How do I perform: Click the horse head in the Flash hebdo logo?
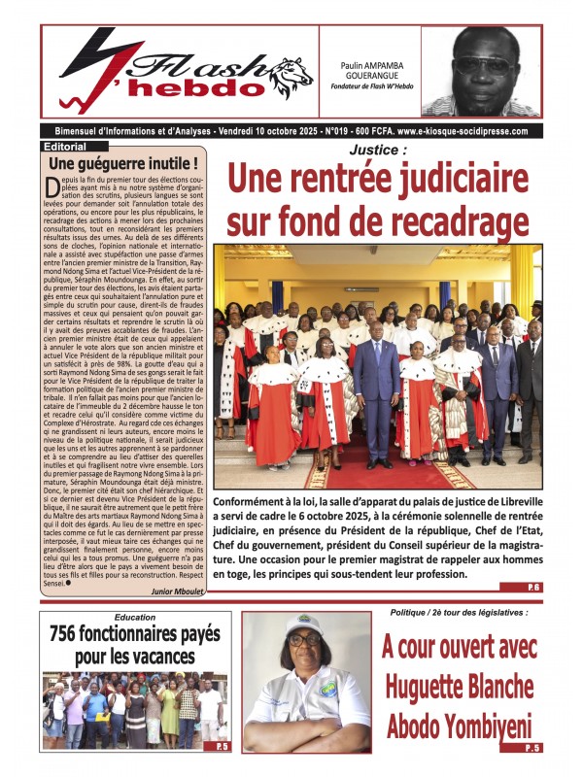pos(291,73)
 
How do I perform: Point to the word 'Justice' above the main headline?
pos(377,151)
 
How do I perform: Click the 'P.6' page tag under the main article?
pos(533,588)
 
